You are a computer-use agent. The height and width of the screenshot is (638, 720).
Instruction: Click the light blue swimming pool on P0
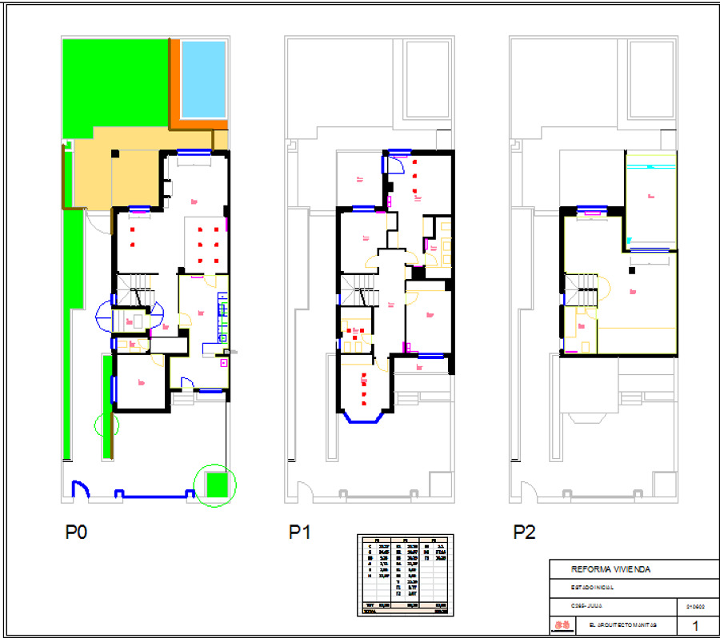point(203,79)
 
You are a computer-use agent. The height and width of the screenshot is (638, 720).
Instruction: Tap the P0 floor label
point(76,532)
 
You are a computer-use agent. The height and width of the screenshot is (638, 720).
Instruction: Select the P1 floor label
point(300,532)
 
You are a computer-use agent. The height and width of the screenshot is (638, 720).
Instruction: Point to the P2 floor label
point(524,532)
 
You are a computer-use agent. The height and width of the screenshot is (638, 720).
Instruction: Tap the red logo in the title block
point(562,624)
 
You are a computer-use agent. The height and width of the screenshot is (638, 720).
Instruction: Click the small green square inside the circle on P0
point(216,484)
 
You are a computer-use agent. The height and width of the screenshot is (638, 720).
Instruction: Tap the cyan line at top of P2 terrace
point(651,166)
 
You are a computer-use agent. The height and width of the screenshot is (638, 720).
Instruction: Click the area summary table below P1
point(404,574)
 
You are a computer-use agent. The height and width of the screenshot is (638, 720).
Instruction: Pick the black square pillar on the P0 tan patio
point(115,154)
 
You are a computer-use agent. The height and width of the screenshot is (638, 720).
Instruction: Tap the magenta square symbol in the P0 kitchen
point(222,362)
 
